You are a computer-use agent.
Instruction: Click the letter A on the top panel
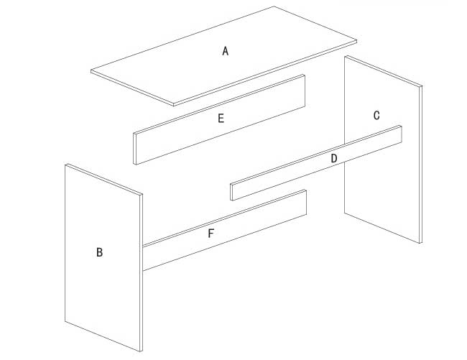click(226, 51)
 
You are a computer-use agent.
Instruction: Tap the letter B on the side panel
click(99, 252)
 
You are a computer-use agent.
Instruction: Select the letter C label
click(376, 115)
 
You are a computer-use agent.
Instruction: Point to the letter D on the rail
click(334, 158)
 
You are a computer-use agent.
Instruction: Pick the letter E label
click(221, 119)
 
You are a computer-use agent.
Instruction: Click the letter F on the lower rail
click(211, 234)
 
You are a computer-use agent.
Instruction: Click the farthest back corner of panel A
click(274, 6)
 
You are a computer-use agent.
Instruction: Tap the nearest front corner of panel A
click(175, 105)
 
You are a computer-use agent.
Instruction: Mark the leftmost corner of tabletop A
click(91, 71)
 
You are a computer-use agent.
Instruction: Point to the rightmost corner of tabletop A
click(356, 41)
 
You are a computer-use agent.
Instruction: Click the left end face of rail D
click(231, 192)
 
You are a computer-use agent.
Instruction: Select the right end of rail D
click(401, 134)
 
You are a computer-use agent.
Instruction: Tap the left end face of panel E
click(135, 149)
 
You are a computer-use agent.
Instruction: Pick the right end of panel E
click(305, 91)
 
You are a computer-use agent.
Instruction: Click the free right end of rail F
click(306, 202)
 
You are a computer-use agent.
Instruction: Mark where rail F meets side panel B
click(143, 258)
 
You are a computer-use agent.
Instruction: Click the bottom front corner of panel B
click(141, 351)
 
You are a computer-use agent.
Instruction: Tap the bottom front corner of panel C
click(420, 243)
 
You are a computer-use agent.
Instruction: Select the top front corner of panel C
click(421, 86)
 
